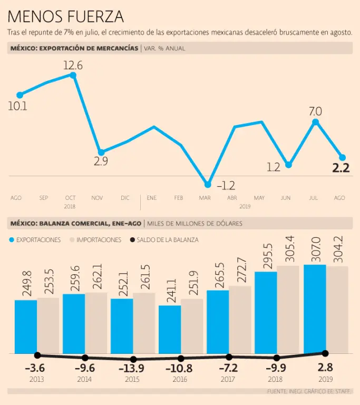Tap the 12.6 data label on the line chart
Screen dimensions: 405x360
73,65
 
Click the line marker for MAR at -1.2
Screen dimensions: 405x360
207,185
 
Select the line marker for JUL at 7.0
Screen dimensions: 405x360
315,122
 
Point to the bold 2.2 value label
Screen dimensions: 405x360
340,168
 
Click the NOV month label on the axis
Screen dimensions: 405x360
97,198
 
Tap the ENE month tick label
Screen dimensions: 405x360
152,198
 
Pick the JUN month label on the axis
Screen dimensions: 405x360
286,198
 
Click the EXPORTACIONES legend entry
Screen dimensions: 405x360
35,239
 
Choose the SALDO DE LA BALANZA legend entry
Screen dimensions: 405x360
163,239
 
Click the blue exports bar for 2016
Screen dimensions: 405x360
170,329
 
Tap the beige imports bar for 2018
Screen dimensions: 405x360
288,309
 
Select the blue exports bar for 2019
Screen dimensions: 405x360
315,308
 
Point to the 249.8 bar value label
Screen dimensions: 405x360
26,285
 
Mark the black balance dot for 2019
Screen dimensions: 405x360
325,353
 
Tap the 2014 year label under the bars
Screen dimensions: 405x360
84,379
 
